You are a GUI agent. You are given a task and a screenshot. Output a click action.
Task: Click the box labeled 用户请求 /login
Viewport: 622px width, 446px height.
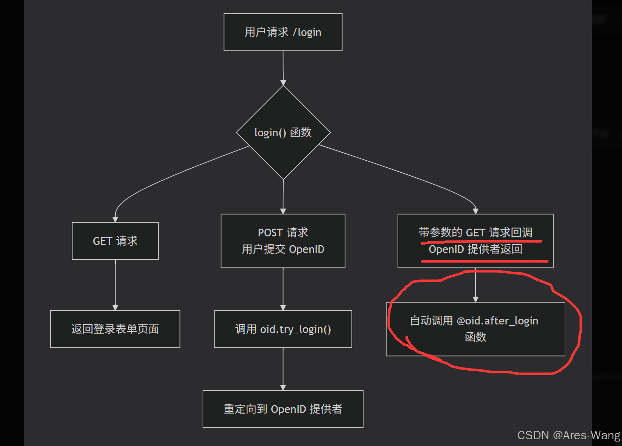click(283, 32)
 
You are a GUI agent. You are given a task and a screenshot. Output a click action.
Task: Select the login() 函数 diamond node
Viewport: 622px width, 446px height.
click(283, 132)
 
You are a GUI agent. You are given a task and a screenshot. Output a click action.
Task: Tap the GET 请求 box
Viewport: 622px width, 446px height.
click(115, 241)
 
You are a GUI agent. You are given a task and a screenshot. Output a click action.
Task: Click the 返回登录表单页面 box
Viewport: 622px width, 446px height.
click(115, 329)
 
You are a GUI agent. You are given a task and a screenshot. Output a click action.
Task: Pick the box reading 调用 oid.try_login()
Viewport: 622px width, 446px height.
click(283, 329)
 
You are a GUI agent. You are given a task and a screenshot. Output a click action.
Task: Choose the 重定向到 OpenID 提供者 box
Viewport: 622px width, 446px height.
click(283, 409)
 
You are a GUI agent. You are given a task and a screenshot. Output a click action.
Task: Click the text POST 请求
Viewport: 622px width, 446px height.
click(283, 233)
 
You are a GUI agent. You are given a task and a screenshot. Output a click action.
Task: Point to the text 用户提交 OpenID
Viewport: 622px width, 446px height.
click(283, 249)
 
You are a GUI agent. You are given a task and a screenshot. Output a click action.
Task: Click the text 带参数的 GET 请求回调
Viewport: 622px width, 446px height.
click(475, 233)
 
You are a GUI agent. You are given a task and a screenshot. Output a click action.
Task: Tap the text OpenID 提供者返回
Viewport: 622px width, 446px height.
click(475, 249)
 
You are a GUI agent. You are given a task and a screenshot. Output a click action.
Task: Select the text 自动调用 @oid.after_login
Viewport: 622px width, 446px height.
click(474, 321)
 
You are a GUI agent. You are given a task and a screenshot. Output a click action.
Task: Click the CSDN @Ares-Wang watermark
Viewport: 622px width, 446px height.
click(569, 435)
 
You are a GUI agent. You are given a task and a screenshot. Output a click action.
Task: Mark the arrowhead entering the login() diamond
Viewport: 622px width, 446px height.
click(283, 83)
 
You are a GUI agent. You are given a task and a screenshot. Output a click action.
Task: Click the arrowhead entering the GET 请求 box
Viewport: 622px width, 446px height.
click(115, 219)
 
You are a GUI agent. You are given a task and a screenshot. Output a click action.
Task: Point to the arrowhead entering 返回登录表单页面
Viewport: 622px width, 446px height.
click(115, 308)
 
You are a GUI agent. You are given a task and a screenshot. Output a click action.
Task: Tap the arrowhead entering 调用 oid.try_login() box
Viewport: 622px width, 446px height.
click(283, 308)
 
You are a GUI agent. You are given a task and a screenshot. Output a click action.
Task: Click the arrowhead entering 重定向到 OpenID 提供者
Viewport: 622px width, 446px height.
click(283, 388)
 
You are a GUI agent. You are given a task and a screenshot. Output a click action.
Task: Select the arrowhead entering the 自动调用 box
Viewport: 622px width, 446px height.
click(476, 299)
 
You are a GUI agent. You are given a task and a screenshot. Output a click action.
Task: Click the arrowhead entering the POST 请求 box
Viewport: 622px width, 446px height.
click(283, 211)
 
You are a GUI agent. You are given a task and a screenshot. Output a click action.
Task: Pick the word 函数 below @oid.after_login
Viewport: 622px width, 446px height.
click(476, 337)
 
